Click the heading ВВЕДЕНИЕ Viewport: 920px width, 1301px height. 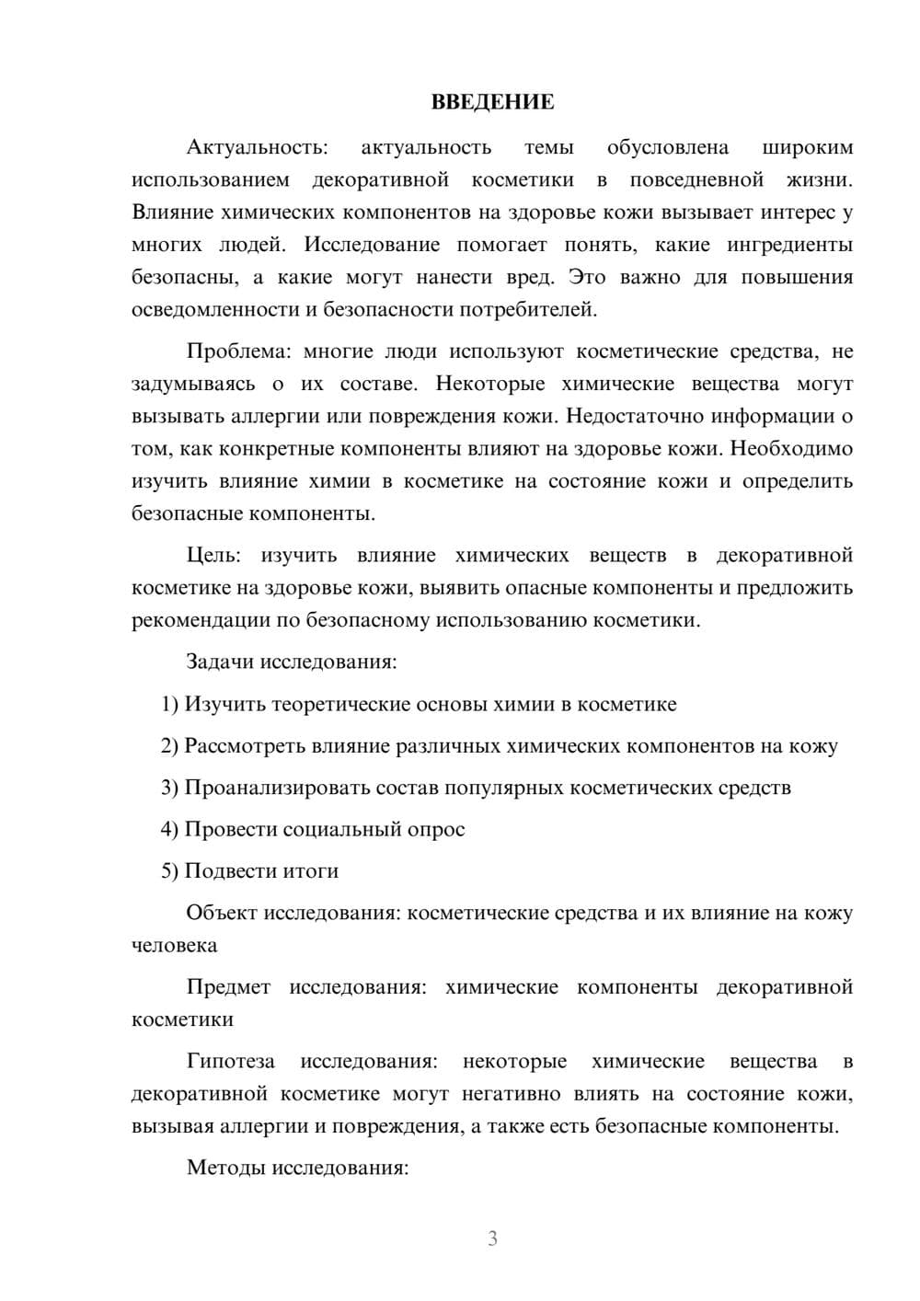tap(492, 102)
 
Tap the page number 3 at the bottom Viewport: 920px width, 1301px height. tap(492, 1238)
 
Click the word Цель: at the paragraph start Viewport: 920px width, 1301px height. tap(213, 555)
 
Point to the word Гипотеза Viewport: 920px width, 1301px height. tap(231, 1061)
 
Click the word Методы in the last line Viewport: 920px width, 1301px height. tap(221, 1168)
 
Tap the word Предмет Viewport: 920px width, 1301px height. tap(228, 987)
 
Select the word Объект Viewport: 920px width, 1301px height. tap(222, 913)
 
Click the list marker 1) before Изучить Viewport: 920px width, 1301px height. tap(169, 705)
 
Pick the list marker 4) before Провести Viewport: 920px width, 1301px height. tap(169, 829)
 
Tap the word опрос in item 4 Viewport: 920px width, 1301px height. tap(436, 829)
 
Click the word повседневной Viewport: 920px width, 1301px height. tap(696, 179)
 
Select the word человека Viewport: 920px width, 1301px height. tap(175, 946)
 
